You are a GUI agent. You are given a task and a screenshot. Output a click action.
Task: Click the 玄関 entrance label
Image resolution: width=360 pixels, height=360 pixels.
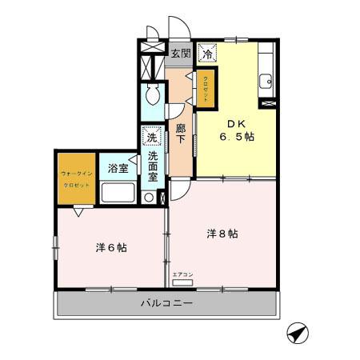181,54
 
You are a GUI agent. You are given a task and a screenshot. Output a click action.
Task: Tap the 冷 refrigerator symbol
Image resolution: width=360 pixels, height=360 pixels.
207,54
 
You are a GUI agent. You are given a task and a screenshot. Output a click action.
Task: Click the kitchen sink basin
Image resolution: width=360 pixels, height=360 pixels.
265,81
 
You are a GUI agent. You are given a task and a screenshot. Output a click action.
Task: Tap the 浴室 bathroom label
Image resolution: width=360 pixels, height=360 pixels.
118,168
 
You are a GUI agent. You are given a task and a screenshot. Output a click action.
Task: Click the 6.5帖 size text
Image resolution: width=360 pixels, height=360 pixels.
238,138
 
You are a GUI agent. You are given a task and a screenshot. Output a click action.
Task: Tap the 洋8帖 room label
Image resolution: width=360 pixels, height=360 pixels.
222,234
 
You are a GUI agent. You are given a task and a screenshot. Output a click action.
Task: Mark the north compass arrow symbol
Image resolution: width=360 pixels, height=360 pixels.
297,332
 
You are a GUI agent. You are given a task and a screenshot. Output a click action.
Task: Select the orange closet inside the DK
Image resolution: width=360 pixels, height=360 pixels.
206,86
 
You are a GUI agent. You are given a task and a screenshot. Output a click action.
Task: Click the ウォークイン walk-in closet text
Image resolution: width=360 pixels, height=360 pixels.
75,173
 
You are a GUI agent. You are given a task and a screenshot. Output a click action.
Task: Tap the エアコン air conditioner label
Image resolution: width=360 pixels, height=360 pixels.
182,274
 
